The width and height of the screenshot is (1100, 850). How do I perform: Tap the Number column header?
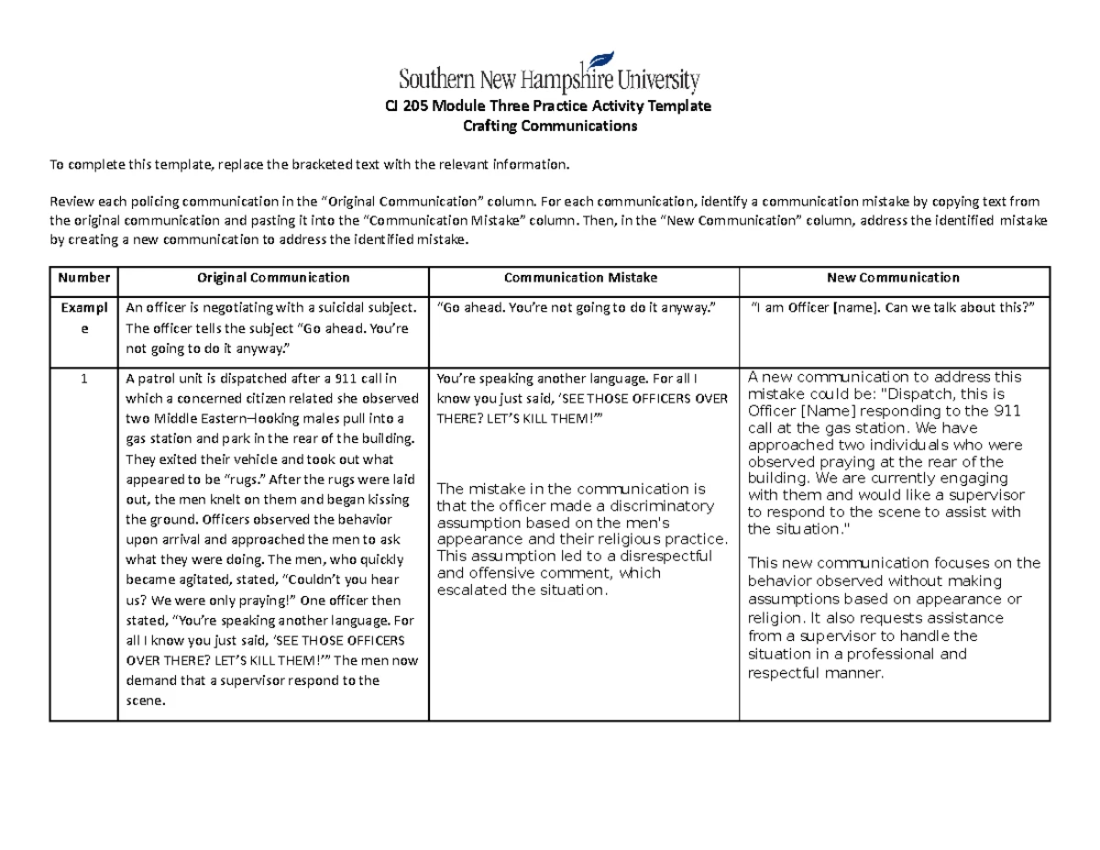(83, 278)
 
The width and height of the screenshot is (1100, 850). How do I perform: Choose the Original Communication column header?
(274, 278)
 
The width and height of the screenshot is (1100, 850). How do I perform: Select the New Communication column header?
(893, 278)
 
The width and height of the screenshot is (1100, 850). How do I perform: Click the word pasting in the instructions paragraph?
(303, 221)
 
